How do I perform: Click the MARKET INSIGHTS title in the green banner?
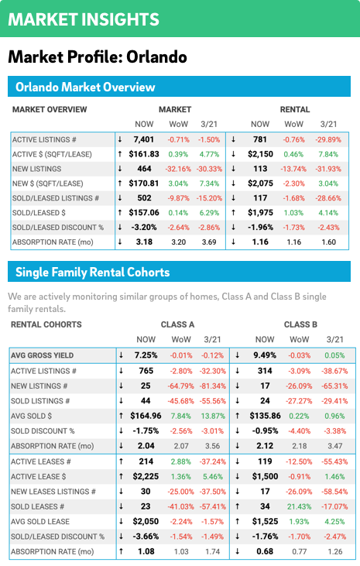click(84, 19)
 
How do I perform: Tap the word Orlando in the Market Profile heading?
click(156, 57)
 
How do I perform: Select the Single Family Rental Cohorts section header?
click(92, 272)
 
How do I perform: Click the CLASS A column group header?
click(177, 324)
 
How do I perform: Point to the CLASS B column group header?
click(300, 324)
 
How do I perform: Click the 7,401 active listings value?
click(144, 139)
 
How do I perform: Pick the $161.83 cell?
click(144, 154)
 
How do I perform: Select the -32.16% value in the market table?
click(178, 169)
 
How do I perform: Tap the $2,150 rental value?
click(260, 154)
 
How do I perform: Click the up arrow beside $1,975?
click(233, 213)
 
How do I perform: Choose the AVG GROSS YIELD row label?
click(42, 355)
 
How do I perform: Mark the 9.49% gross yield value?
click(265, 355)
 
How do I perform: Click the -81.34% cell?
click(213, 386)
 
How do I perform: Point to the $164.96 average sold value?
click(146, 416)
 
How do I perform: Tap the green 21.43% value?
click(300, 506)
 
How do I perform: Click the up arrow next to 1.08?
click(121, 551)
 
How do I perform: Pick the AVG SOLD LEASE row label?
click(40, 522)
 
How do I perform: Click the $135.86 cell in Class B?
click(265, 416)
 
